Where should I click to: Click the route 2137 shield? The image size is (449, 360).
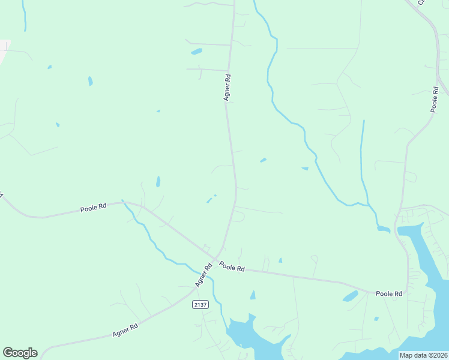200,305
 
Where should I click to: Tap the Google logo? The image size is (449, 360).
20,353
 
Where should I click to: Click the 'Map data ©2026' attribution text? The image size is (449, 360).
423,355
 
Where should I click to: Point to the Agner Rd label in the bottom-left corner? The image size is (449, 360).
125,329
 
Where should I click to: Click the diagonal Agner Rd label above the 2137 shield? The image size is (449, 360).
203,274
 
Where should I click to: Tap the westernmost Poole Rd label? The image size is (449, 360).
93,208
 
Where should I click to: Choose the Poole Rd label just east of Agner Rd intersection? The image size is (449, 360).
232,266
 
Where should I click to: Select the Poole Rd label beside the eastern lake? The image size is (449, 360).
388,293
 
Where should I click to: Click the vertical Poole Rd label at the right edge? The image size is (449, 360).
436,98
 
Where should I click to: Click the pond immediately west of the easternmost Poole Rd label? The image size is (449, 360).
350,296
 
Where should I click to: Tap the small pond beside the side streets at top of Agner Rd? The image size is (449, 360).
196,52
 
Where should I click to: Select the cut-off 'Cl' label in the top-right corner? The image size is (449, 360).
421,2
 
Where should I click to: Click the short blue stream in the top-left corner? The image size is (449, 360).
24,15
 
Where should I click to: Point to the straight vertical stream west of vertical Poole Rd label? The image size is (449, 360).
363,156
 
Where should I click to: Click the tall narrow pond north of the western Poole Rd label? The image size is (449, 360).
158,181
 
